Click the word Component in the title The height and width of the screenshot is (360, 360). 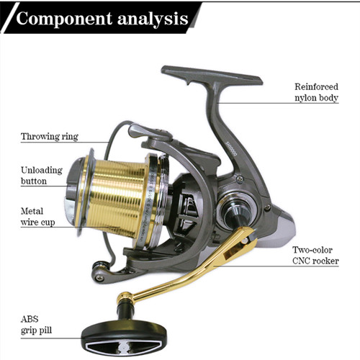[x=64, y=19]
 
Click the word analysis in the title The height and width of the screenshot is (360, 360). [x=153, y=19]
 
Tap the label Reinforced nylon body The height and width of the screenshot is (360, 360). [x=316, y=92]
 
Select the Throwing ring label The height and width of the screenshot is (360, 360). [x=50, y=137]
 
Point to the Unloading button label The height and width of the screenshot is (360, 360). [x=42, y=176]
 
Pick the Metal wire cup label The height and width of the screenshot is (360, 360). [x=37, y=217]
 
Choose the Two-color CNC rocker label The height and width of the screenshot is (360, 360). [x=315, y=256]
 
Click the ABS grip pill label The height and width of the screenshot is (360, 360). [x=36, y=325]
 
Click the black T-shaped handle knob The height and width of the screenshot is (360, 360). [x=124, y=336]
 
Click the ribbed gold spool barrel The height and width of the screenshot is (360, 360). [x=117, y=197]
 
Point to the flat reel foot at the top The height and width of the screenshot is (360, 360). [x=211, y=76]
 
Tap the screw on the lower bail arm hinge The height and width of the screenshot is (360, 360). [x=99, y=278]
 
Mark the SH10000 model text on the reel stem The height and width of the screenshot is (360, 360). [x=231, y=149]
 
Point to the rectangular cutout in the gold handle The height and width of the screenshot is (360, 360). [x=233, y=252]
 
